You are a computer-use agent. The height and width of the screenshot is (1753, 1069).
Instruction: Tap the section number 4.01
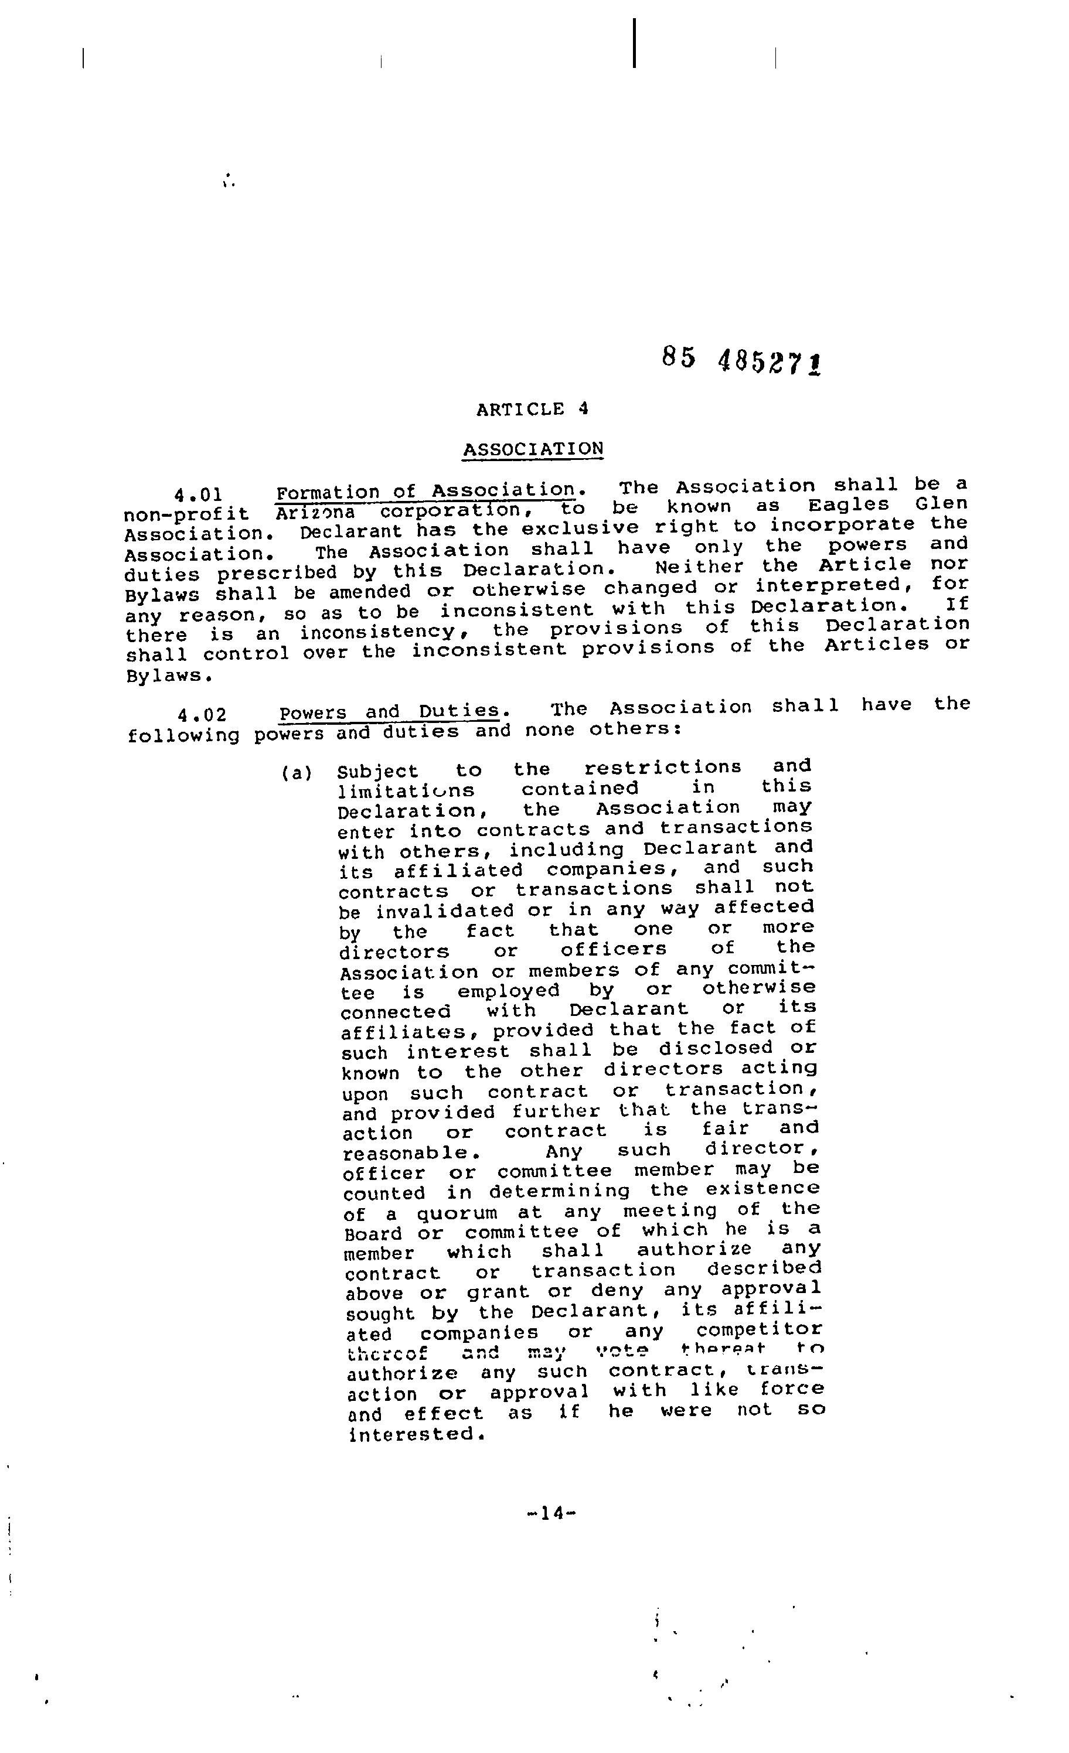(199, 494)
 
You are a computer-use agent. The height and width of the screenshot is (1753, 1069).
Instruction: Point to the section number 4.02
(202, 714)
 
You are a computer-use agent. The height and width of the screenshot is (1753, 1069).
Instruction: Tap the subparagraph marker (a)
(297, 773)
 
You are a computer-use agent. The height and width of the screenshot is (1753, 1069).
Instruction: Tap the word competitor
(760, 1329)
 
